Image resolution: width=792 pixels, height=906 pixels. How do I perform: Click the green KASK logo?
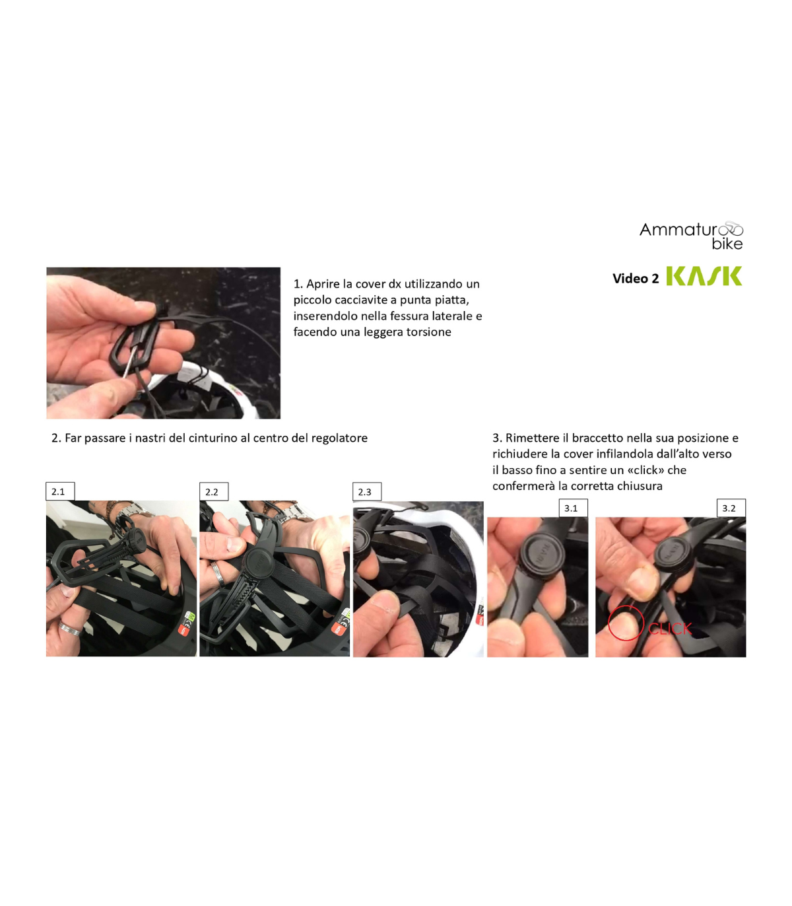pyautogui.click(x=704, y=276)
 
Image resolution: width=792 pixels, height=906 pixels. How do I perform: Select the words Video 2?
pyautogui.click(x=636, y=278)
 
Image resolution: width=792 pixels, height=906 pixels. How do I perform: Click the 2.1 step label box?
pyautogui.click(x=60, y=491)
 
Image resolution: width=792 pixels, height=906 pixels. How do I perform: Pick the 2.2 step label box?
pyautogui.click(x=214, y=491)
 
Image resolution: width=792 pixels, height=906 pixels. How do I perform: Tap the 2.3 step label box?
pyautogui.click(x=367, y=491)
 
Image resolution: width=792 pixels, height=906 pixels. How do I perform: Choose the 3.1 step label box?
pyautogui.click(x=574, y=508)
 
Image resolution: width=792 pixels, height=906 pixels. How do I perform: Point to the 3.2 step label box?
pyautogui.click(x=731, y=508)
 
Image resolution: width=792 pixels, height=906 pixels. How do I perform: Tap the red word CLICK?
pyautogui.click(x=670, y=629)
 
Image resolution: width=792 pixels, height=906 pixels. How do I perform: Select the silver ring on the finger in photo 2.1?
pyautogui.click(x=70, y=629)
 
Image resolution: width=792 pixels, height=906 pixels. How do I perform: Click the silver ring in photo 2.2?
pyautogui.click(x=218, y=575)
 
